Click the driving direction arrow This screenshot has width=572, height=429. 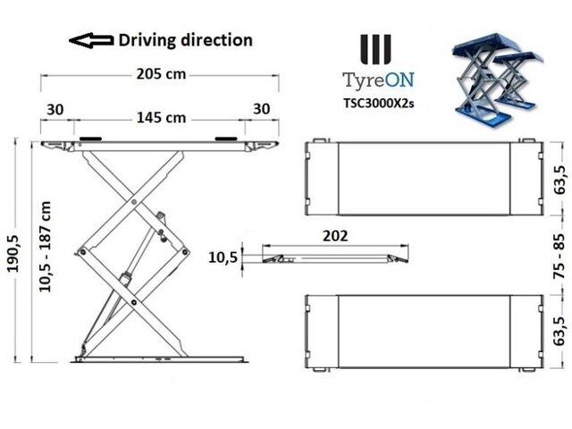91,40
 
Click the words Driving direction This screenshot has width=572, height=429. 185,40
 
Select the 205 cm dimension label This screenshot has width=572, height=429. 161,74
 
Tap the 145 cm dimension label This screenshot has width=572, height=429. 161,118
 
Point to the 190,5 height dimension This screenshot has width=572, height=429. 13,254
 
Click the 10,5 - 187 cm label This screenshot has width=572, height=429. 45,247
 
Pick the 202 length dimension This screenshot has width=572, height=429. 335,236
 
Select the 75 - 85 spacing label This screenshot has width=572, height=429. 559,257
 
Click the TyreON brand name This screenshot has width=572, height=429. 378,80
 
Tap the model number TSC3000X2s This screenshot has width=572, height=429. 378,104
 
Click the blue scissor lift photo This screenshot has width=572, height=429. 498,80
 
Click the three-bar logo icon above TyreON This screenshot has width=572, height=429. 375,49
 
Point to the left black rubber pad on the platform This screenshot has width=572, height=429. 90,139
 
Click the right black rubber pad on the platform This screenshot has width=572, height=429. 226,139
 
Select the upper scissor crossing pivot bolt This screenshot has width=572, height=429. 134,202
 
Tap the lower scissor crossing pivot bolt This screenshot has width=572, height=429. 134,302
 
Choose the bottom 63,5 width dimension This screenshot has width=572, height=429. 559,332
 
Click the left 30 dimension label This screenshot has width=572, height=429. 55,109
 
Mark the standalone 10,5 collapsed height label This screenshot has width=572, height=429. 223,257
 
